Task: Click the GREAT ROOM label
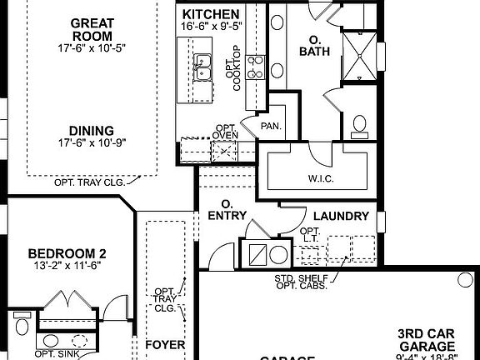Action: [92, 29]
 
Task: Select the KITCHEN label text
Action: [211, 15]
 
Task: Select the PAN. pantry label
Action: [269, 127]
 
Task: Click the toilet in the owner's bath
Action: [360, 125]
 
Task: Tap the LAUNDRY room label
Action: [340, 216]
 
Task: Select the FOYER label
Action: [164, 344]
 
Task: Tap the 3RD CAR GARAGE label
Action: [425, 340]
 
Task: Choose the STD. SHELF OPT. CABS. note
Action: [300, 282]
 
